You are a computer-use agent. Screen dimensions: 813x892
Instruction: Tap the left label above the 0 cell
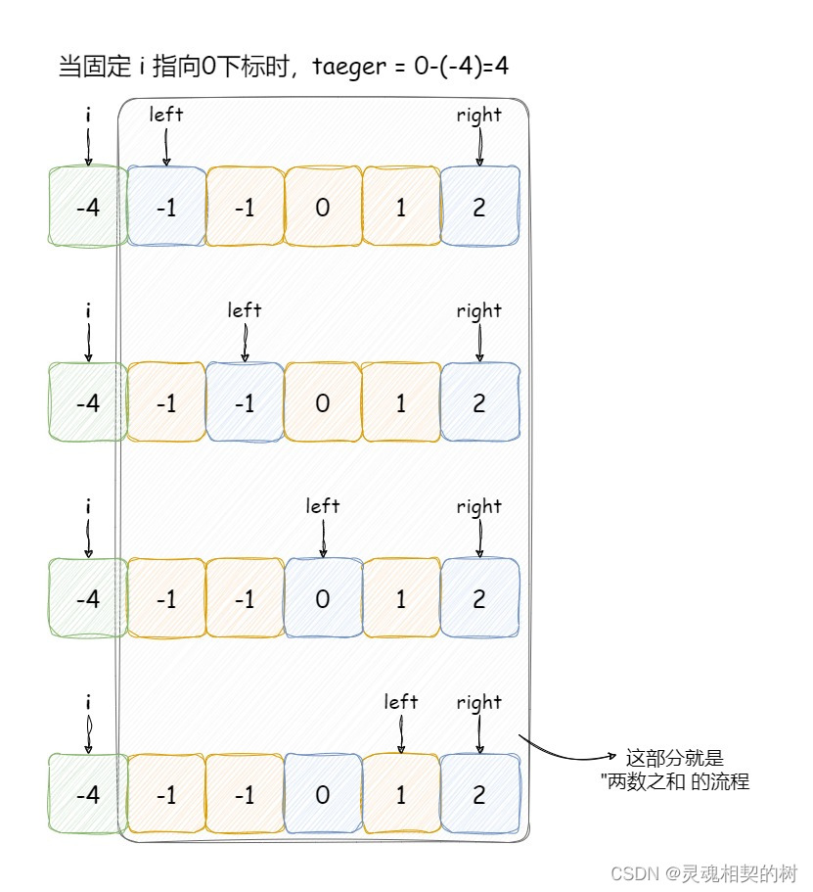pos(323,506)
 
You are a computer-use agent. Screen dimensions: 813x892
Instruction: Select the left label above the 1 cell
pos(401,702)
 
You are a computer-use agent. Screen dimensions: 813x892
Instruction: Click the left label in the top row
pos(166,115)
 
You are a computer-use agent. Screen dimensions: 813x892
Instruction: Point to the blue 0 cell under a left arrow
pos(323,599)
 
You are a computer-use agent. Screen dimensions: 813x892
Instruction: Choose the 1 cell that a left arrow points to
pos(401,795)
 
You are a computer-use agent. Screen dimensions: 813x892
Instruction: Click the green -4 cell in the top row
pos(87,208)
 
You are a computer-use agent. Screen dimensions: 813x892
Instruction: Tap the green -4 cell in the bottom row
pos(87,795)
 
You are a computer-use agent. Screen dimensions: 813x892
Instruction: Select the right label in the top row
pos(479,115)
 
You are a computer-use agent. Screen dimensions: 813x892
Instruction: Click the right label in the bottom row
pos(479,702)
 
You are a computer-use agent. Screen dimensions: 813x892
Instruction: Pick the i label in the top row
pos(88,115)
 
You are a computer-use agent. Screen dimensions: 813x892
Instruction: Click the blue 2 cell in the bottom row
pos(479,795)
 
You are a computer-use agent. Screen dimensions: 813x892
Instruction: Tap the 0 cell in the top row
pos(323,208)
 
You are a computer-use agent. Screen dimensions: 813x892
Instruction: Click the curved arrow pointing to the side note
pos(572,754)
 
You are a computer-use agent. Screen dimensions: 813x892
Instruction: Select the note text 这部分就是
pos(675,758)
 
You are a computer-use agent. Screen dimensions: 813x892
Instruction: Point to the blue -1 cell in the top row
pos(166,208)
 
